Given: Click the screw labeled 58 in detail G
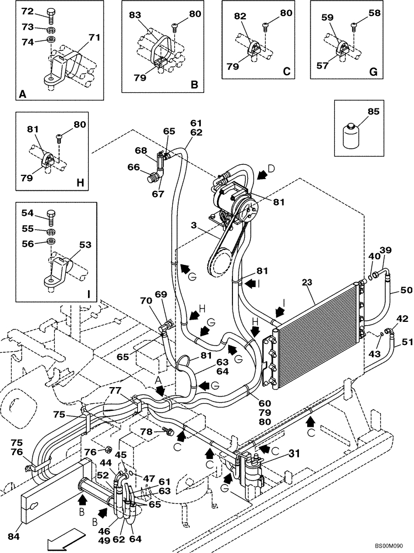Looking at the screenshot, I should (x=353, y=24).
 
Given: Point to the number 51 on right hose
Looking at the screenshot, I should (x=407, y=342).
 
